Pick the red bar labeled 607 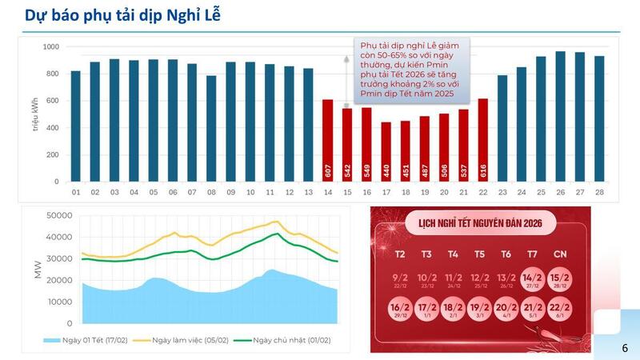[x=328, y=141]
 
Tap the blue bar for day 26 [x=561, y=117]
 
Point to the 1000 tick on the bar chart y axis [x=50, y=47]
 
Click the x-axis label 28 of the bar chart [x=599, y=193]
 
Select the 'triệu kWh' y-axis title [x=35, y=114]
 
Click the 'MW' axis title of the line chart [x=37, y=269]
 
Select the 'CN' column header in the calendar [x=562, y=254]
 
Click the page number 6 [x=625, y=348]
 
